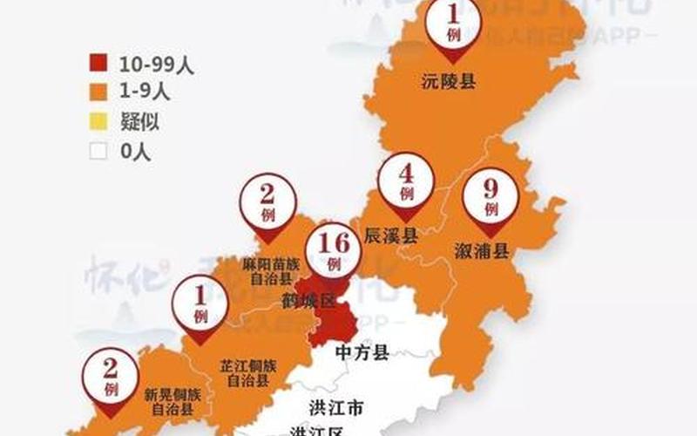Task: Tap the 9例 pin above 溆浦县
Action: tap(491, 198)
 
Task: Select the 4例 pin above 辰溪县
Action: tap(406, 182)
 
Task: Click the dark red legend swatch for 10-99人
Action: tap(98, 64)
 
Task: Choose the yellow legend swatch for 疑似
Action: tap(98, 122)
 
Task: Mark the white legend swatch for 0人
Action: tap(98, 151)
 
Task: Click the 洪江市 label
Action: tap(335, 407)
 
